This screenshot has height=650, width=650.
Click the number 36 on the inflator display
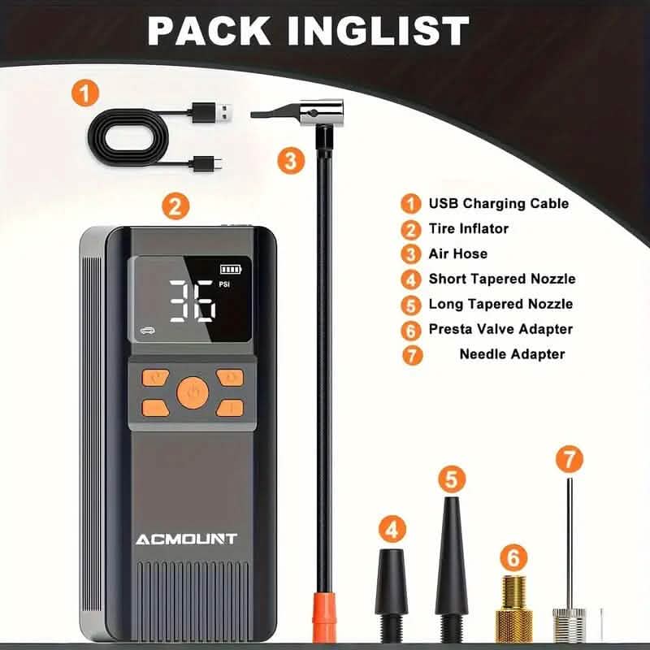(193, 302)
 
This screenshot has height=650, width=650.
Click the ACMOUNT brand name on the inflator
(187, 539)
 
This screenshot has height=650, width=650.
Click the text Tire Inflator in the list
(468, 228)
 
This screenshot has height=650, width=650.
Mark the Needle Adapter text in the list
(512, 353)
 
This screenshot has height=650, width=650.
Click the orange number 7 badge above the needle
(569, 458)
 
